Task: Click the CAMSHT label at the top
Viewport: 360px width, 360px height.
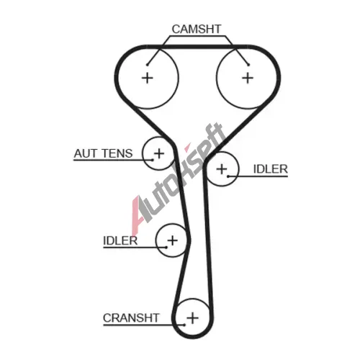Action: click(197, 30)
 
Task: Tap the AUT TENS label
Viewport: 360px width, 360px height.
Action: click(103, 153)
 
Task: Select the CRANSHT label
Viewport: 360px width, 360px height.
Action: click(131, 318)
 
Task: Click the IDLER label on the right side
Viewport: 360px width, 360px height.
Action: click(271, 169)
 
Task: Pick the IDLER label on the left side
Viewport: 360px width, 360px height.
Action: click(120, 240)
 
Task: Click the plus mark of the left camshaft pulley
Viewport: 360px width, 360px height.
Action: click(148, 78)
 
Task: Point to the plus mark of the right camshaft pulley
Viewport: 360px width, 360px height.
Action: click(248, 78)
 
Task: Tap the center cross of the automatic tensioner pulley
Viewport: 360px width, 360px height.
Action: click(159, 153)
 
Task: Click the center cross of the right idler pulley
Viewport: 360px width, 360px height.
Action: click(222, 169)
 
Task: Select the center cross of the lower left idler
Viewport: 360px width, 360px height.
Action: click(172, 240)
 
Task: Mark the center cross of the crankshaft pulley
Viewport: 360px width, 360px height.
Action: click(193, 318)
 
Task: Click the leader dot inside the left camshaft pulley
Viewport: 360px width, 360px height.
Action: click(148, 65)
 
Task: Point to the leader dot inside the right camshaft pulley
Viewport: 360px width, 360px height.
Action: click(248, 65)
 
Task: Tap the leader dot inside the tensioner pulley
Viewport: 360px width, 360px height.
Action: click(153, 160)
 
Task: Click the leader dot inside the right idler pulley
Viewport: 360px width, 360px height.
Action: click(228, 176)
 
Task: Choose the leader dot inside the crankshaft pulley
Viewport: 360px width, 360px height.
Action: click(184, 325)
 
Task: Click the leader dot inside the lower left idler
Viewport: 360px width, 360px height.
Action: click(166, 247)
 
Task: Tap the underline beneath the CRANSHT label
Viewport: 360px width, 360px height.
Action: click(144, 325)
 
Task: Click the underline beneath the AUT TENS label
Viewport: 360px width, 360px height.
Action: click(113, 160)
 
